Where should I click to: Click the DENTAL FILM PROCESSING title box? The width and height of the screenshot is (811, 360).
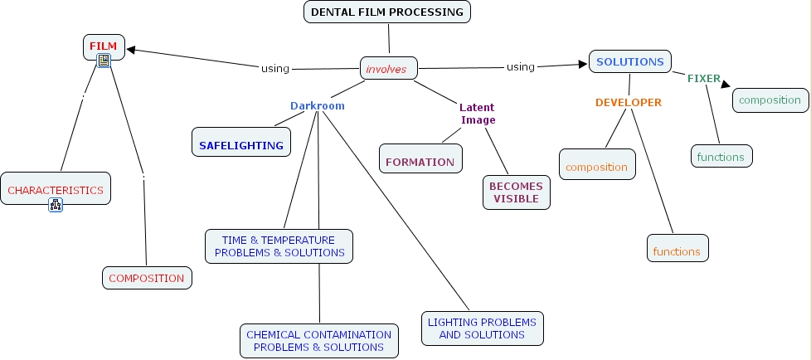pyautogui.click(x=387, y=12)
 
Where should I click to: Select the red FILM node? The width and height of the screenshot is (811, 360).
pyautogui.click(x=104, y=46)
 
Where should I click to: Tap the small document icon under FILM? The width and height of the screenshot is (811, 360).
pyautogui.click(x=104, y=61)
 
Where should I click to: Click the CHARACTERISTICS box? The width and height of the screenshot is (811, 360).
pyautogui.click(x=56, y=189)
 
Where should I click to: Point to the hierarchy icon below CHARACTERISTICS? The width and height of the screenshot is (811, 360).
pyautogui.click(x=56, y=205)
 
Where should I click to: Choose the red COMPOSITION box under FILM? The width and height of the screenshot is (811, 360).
pyautogui.click(x=147, y=278)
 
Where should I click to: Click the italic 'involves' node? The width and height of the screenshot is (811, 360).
pyautogui.click(x=387, y=68)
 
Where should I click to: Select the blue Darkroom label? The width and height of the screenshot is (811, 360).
pyautogui.click(x=317, y=106)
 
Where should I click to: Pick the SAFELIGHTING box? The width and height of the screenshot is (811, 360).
pyautogui.click(x=241, y=145)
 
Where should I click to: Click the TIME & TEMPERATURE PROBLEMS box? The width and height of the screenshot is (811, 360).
pyautogui.click(x=279, y=246)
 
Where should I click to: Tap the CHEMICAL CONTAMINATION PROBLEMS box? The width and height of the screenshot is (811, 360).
pyautogui.click(x=318, y=341)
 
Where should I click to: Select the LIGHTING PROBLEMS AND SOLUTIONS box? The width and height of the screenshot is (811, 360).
pyautogui.click(x=482, y=328)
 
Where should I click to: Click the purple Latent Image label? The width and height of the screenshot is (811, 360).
pyautogui.click(x=478, y=114)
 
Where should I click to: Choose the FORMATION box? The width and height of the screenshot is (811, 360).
pyautogui.click(x=420, y=162)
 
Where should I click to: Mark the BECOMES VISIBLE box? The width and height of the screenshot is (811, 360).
pyautogui.click(x=516, y=192)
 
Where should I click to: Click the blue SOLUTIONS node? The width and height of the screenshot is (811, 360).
pyautogui.click(x=630, y=61)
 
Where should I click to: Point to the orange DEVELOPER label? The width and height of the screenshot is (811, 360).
pyautogui.click(x=629, y=102)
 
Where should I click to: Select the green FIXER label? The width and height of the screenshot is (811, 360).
pyautogui.click(x=703, y=78)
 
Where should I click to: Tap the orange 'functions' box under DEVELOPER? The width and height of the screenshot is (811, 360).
pyautogui.click(x=677, y=251)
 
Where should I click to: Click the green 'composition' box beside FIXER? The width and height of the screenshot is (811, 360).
pyautogui.click(x=770, y=100)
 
